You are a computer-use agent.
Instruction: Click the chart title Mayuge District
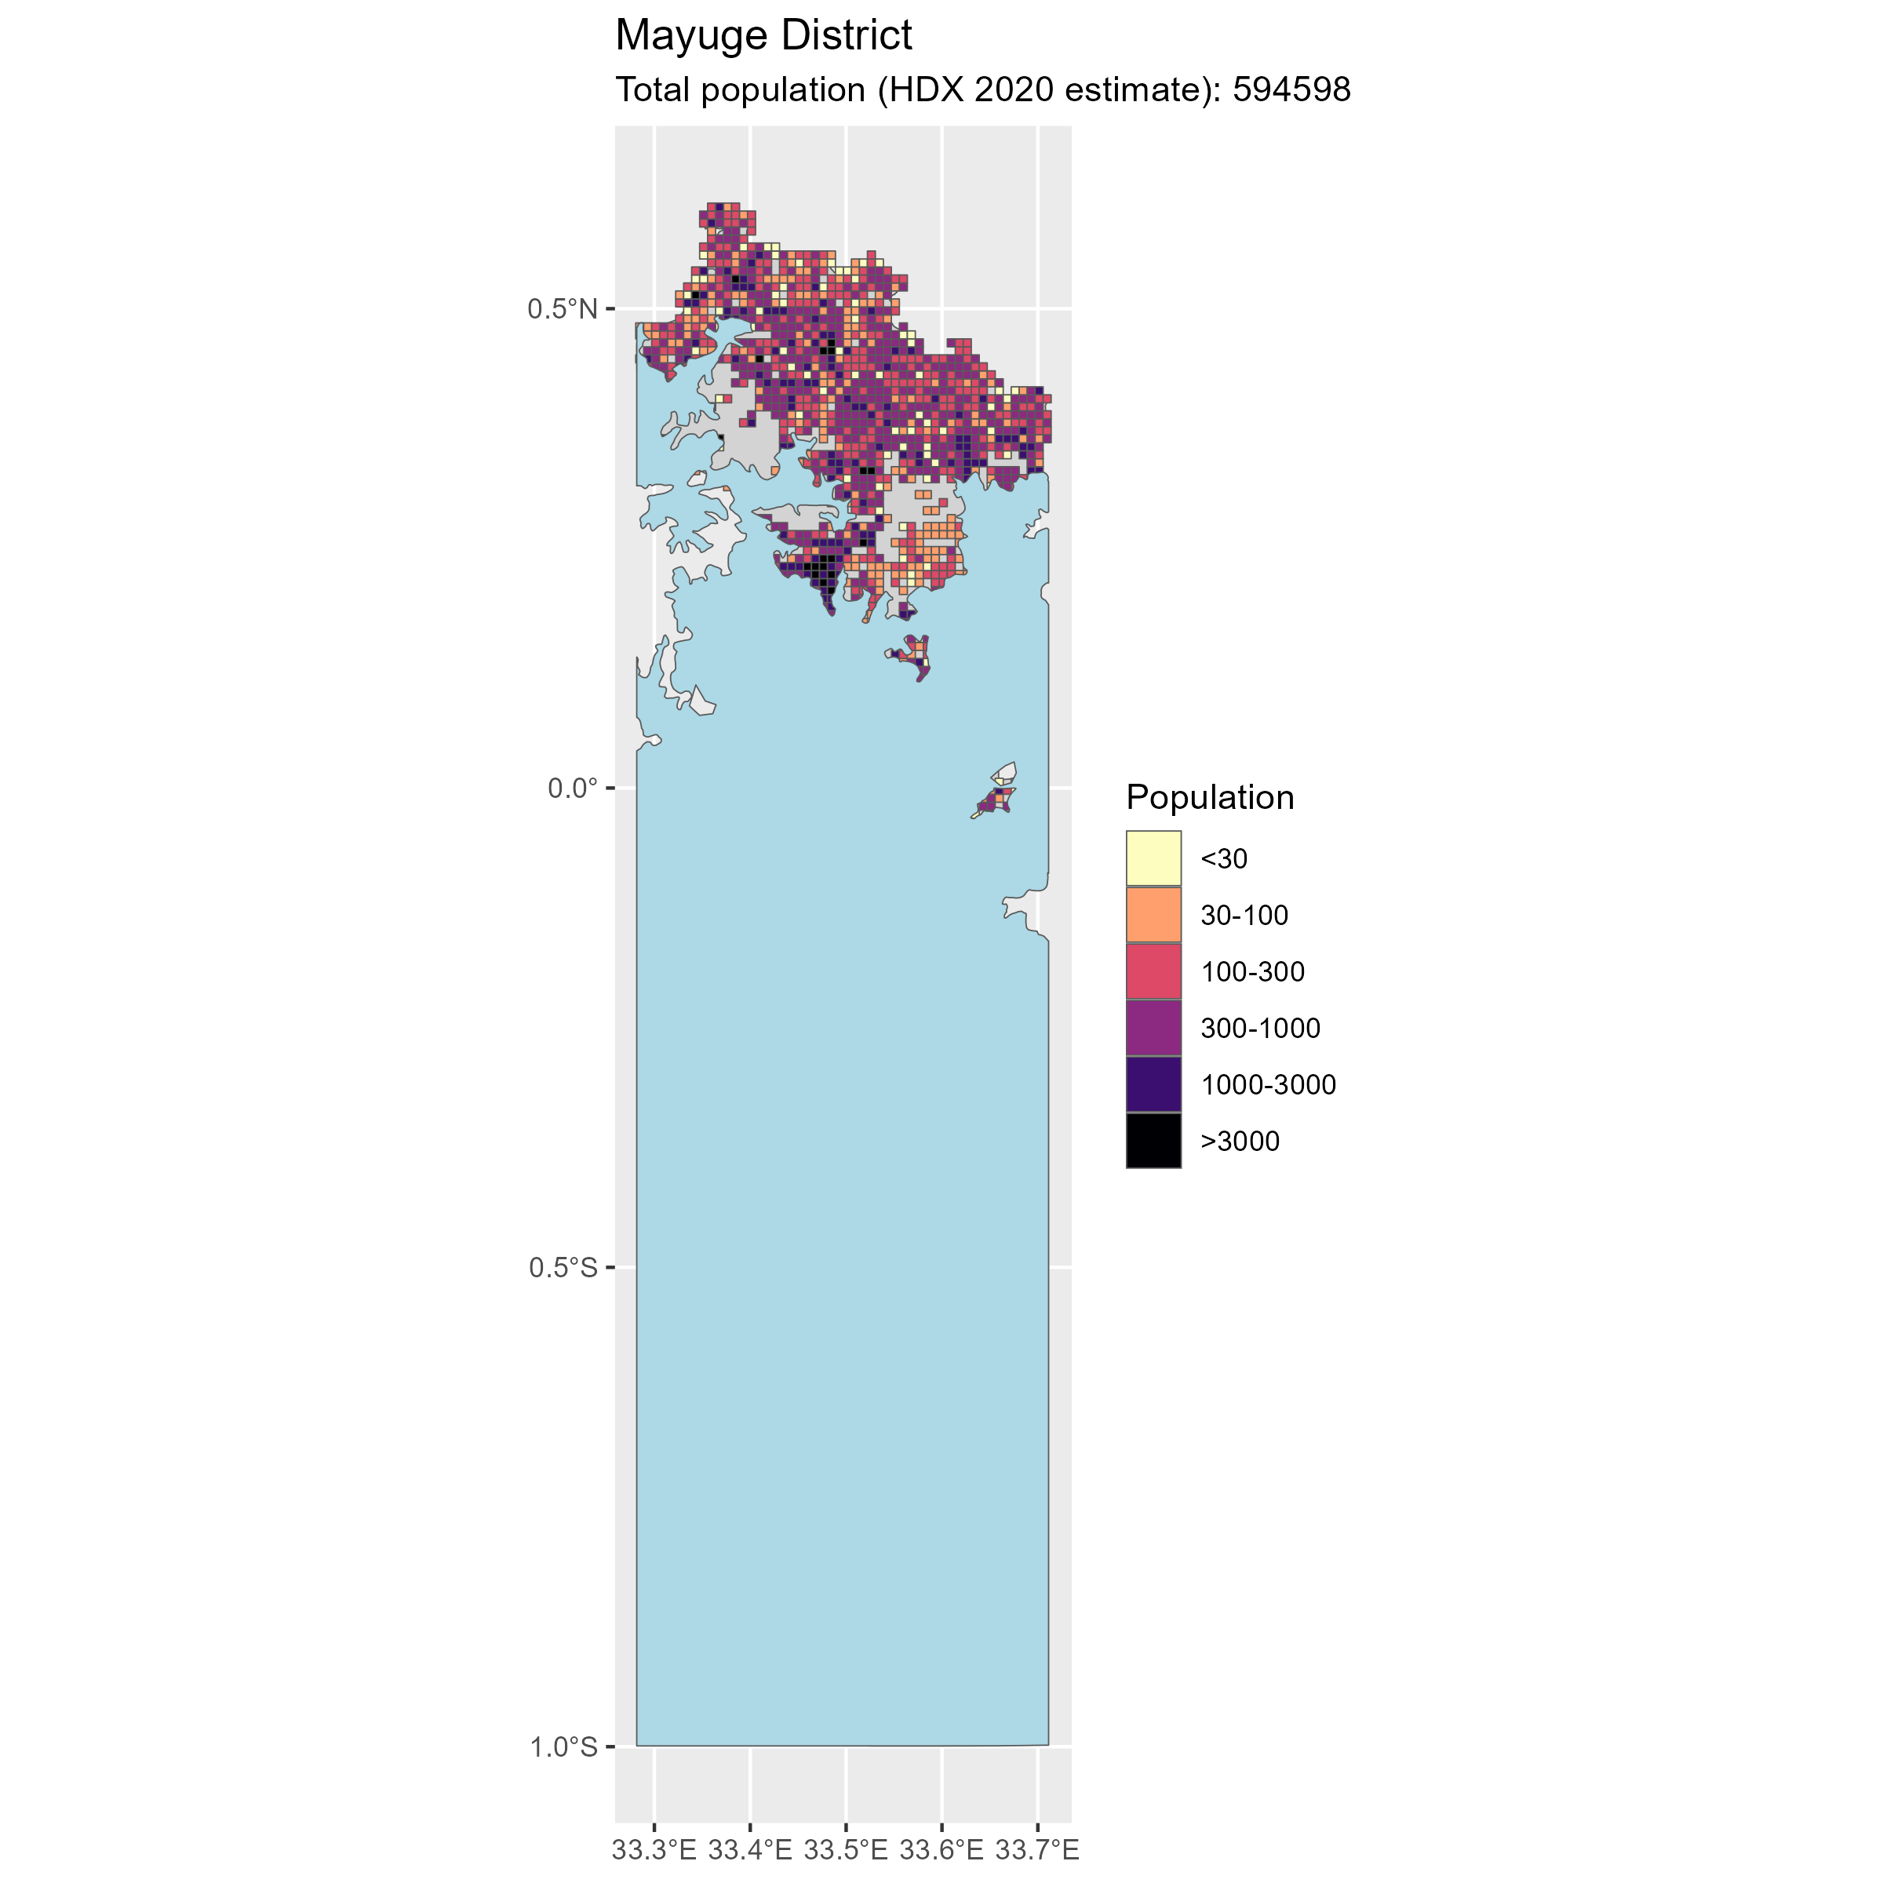(x=763, y=36)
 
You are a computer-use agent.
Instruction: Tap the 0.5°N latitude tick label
(x=563, y=309)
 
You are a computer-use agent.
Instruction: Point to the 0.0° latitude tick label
(x=572, y=788)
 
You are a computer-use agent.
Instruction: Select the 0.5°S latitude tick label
(x=563, y=1267)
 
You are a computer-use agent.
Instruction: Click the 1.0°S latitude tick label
(x=563, y=1746)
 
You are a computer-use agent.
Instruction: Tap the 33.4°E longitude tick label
(x=749, y=1850)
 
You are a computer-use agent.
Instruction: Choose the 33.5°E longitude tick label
(x=845, y=1850)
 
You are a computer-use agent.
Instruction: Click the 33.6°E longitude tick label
(x=941, y=1850)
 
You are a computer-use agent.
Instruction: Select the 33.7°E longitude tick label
(x=1037, y=1850)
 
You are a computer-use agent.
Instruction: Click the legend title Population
(x=1210, y=797)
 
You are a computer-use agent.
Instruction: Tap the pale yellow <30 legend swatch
(x=1153, y=858)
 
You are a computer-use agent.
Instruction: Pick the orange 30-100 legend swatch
(x=1153, y=915)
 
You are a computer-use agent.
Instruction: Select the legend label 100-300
(x=1252, y=972)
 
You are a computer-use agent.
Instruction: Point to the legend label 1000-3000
(x=1268, y=1085)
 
